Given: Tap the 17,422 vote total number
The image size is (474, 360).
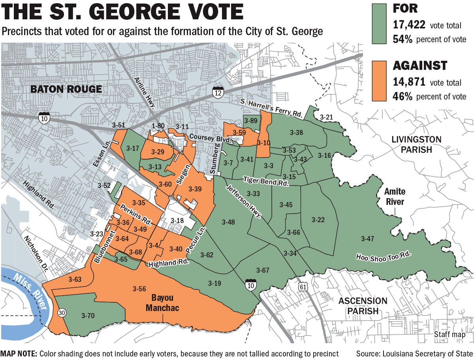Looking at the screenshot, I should [409, 25].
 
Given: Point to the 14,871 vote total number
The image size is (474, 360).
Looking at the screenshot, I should [409, 82].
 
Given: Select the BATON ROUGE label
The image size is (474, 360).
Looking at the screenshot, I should [66, 89].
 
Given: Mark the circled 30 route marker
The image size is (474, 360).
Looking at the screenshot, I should [62, 313].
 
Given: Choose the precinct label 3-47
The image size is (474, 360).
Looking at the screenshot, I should [367, 238].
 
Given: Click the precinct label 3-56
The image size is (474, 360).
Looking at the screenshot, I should [139, 289].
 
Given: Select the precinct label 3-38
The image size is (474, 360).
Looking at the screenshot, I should [296, 133].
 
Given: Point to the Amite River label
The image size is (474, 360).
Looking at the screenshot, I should [395, 197].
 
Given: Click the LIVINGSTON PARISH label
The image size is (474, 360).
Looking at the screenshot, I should [416, 144].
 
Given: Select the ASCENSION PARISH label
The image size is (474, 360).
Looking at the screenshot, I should [363, 306].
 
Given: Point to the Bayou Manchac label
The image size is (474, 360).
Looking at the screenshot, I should [162, 303].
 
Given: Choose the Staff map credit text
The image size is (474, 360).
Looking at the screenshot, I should [450, 335].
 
